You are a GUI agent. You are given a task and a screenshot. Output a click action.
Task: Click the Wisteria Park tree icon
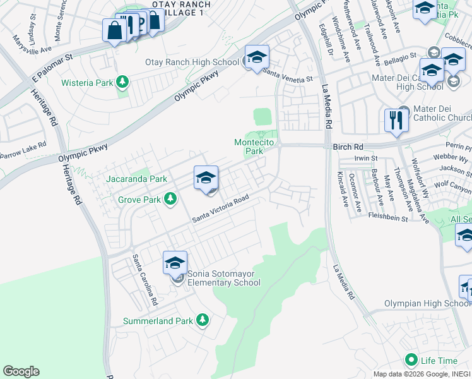pyautogui.click(x=122, y=82)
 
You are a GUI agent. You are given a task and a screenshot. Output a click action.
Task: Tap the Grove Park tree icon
pyautogui.click(x=170, y=200)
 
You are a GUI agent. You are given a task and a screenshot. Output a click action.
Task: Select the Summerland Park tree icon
pyautogui.click(x=202, y=321)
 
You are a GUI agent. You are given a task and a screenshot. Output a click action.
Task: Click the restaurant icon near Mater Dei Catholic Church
pyautogui.click(x=395, y=120)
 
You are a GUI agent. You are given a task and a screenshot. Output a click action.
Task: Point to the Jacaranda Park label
pyautogui.click(x=136, y=179)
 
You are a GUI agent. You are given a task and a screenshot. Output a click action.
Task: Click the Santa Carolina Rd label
pyautogui.click(x=143, y=280)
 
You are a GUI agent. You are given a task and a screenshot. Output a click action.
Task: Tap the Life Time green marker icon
pyautogui.click(x=411, y=360)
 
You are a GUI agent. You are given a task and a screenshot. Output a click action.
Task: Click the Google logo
pyautogui.click(x=21, y=371)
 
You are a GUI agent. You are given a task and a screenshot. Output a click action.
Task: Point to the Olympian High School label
pyautogui.click(x=427, y=303)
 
